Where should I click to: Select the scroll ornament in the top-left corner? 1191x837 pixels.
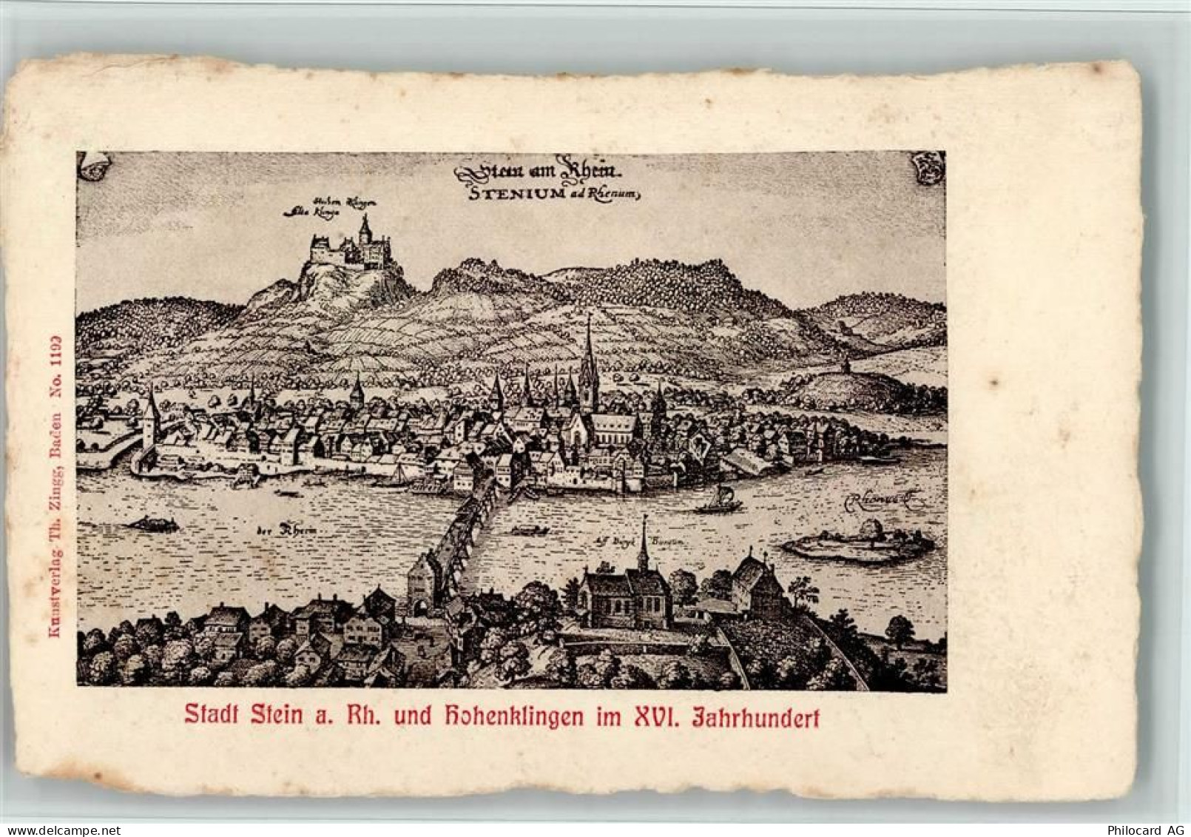click(x=93, y=166)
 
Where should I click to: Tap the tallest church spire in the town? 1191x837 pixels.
click(x=589, y=370)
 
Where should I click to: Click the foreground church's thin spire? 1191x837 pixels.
click(x=644, y=544)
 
